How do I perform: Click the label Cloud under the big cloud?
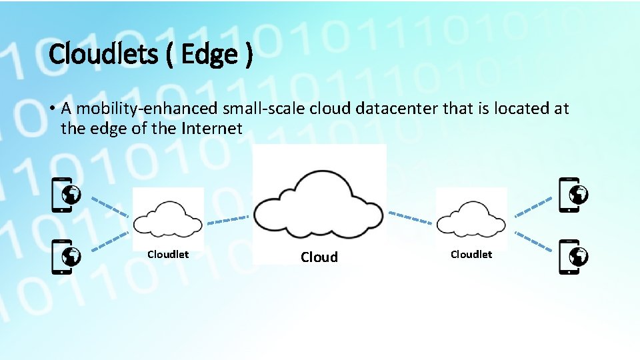click(319, 257)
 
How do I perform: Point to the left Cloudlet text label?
click(168, 254)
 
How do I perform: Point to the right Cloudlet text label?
click(471, 254)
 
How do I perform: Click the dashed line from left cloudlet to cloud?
click(227, 219)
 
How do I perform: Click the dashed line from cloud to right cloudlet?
click(409, 217)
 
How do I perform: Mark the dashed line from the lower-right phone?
click(533, 241)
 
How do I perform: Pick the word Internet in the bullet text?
click(212, 128)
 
